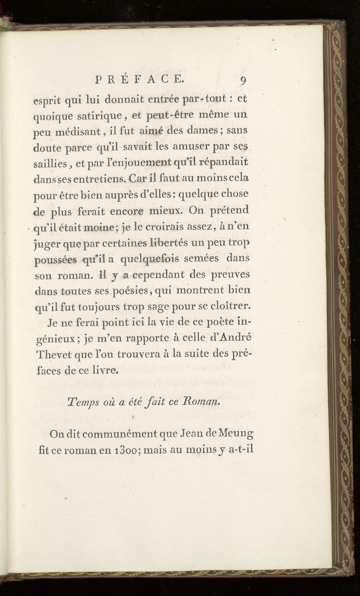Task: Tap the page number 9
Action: pos(243,80)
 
